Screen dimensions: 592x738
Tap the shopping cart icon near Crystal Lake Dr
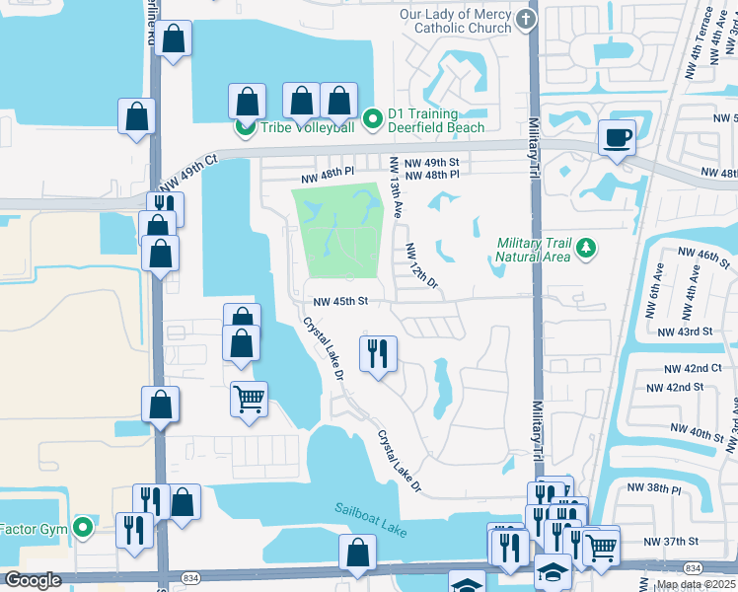[249, 400]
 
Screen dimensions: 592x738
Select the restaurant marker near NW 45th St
[377, 353]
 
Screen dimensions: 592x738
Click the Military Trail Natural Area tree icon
[587, 248]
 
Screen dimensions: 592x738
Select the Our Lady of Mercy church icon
[526, 21]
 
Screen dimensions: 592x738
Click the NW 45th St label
[340, 302]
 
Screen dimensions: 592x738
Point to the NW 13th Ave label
[396, 187]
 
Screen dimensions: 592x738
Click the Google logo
[33, 580]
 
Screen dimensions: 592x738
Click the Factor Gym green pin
[84, 527]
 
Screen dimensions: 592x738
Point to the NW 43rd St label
[689, 332]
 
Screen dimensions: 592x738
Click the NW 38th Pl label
[661, 489]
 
